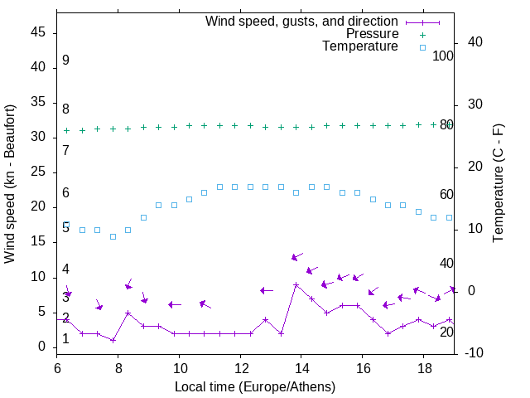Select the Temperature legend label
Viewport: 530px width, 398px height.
click(x=360, y=46)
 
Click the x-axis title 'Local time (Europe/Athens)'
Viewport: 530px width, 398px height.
click(x=255, y=386)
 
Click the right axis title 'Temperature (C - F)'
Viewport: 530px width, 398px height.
click(x=498, y=184)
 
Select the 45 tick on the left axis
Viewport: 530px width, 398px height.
click(x=38, y=32)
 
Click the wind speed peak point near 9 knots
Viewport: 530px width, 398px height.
click(x=296, y=284)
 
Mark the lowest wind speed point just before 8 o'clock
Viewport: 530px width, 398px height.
click(x=113, y=340)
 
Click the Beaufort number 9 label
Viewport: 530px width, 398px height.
click(x=65, y=61)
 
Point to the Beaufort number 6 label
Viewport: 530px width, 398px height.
click(x=65, y=193)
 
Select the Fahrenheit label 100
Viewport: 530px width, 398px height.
click(x=444, y=56)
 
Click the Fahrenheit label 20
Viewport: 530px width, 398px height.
click(x=446, y=332)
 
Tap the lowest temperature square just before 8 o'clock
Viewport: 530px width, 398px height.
click(x=113, y=236)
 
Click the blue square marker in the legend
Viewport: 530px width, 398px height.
click(x=422, y=47)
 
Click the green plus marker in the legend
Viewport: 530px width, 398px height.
click(x=422, y=35)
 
